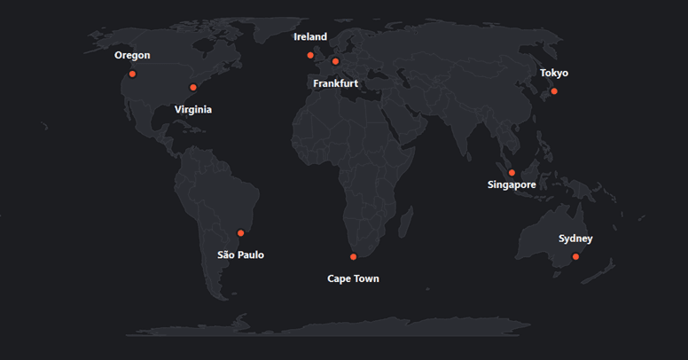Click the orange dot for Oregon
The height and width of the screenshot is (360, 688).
click(x=132, y=74)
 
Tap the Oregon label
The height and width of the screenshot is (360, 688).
click(x=132, y=55)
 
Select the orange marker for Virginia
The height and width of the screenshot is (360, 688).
click(x=193, y=87)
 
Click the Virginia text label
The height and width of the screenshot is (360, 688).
click(x=193, y=110)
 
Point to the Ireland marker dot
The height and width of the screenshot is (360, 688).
click(x=310, y=55)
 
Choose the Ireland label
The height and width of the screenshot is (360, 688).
click(x=310, y=37)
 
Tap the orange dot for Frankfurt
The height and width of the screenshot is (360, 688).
click(x=335, y=61)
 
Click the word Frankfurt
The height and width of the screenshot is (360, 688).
click(x=335, y=83)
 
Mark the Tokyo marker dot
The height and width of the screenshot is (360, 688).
click(x=554, y=91)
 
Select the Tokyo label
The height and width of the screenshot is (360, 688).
click(x=554, y=73)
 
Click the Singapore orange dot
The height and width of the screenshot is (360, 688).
click(x=512, y=172)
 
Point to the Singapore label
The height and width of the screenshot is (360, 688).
click(x=512, y=185)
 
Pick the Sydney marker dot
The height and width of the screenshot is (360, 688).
click(x=575, y=256)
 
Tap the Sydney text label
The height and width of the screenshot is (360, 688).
click(x=575, y=239)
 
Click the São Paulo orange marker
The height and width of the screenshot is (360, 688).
click(x=240, y=233)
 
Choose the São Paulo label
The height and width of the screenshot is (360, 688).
click(x=240, y=255)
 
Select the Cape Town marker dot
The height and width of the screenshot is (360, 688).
click(x=353, y=256)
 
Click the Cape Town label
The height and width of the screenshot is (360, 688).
click(x=353, y=278)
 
